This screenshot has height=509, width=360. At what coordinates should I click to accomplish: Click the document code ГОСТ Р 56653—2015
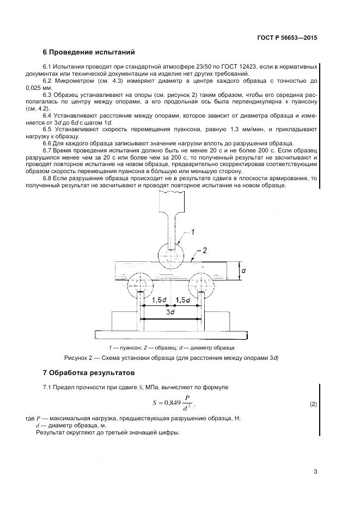286,38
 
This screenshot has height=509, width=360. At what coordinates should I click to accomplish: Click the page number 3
315,471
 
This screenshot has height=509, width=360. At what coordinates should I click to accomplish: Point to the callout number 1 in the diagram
192,232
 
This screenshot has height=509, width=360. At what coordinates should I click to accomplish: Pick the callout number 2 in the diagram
205,251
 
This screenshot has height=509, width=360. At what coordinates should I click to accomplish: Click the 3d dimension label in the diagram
170,313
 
